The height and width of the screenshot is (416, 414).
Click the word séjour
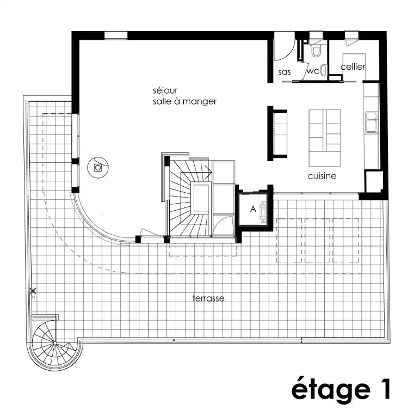coord(165,91)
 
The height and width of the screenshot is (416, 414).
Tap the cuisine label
coord(322,176)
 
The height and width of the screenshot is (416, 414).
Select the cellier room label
coord(353,66)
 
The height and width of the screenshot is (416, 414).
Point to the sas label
coord(285,72)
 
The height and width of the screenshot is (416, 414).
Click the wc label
coord(313,71)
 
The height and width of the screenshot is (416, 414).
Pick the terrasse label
coord(208,298)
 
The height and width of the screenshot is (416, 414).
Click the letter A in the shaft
coord(253,209)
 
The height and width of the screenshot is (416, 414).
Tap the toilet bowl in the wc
coord(316,51)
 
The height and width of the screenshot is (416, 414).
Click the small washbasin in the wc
coord(324,70)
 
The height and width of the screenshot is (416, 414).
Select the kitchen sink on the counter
coord(372,123)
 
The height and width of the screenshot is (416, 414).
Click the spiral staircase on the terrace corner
coord(54,343)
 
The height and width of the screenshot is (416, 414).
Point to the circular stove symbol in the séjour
coord(98,167)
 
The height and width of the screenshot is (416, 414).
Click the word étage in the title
coord(331,390)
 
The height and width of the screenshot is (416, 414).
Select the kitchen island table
coord(325,138)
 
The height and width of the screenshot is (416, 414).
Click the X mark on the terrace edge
coord(33,291)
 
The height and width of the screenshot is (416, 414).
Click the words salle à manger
coord(185,102)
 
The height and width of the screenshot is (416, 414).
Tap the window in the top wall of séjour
coord(116,35)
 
